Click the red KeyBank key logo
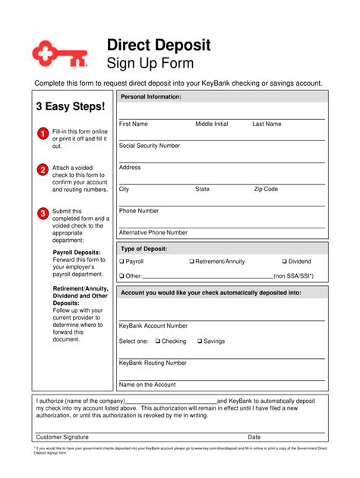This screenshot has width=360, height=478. (59, 53)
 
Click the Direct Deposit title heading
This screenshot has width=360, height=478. (159, 45)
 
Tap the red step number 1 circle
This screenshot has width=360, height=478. (43, 134)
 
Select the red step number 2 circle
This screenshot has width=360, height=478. (43, 170)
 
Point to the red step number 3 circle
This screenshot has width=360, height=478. (43, 213)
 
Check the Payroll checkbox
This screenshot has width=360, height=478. (122, 262)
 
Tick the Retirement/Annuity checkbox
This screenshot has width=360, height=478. (192, 262)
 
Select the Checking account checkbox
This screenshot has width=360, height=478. (158, 341)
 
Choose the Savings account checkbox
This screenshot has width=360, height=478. (200, 341)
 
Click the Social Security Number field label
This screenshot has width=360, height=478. (150, 146)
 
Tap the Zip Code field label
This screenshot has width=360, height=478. (266, 190)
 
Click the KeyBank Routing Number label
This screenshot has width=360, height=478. (153, 363)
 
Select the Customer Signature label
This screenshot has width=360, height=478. (62, 437)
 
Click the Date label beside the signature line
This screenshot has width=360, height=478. (254, 437)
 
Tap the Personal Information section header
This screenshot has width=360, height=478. (151, 97)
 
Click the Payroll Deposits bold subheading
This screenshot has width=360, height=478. (77, 252)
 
